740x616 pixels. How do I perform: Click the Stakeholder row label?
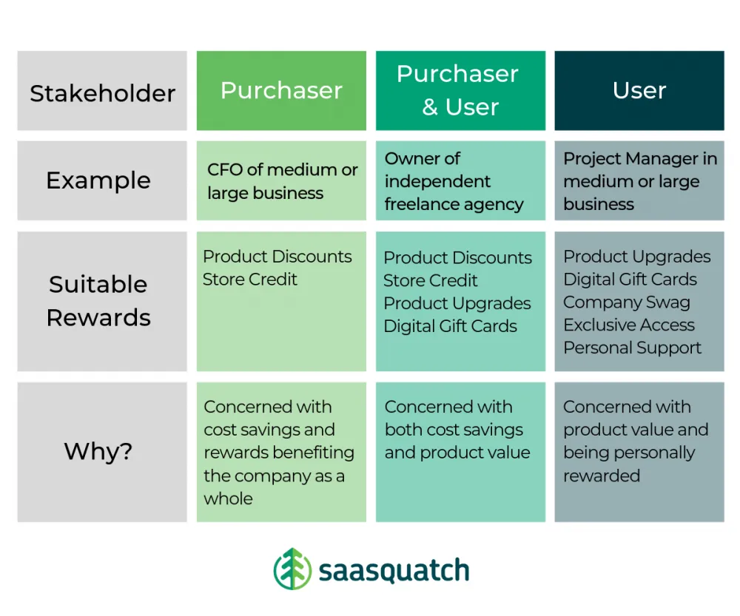(x=102, y=93)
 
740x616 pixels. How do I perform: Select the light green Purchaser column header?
(x=281, y=90)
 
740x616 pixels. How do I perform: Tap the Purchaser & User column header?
(x=460, y=90)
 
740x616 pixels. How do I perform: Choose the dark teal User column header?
(x=639, y=90)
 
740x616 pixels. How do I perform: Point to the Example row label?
(x=98, y=180)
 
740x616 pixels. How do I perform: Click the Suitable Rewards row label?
(x=98, y=301)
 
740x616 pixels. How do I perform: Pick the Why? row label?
(x=98, y=451)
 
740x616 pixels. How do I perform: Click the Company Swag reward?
(x=626, y=302)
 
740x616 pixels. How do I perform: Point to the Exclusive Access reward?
(x=629, y=325)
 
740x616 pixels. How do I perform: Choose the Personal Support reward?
(x=632, y=348)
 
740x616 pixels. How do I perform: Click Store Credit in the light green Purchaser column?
(x=249, y=280)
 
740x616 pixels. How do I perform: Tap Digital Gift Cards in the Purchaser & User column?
(x=450, y=326)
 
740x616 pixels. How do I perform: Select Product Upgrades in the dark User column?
(x=636, y=257)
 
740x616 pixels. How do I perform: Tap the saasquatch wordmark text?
(x=394, y=570)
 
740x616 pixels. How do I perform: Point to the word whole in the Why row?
(x=228, y=498)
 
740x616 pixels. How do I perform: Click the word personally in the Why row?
(x=653, y=453)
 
